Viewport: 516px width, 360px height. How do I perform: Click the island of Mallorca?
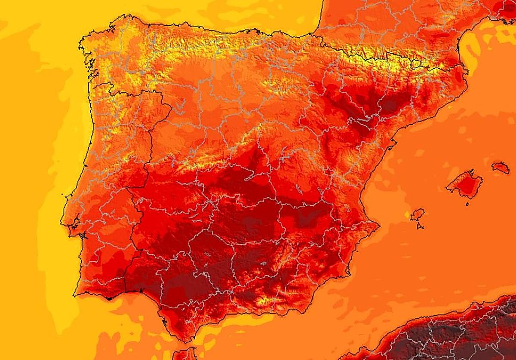click(464, 185)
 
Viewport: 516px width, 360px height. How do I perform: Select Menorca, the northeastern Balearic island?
click(501, 167)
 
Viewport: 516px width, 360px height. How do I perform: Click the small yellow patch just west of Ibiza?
click(407, 214)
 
